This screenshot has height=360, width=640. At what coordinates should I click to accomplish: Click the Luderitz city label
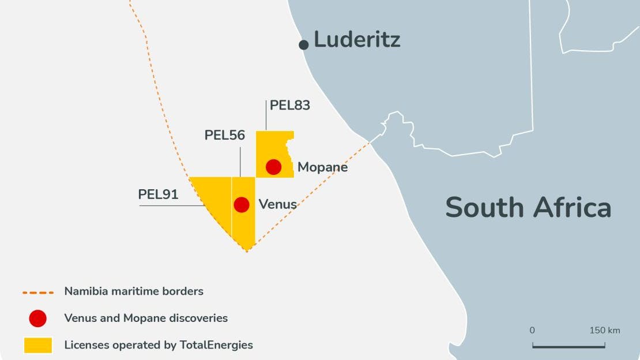pyautogui.click(x=357, y=40)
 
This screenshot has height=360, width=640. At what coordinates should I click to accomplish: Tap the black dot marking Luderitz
pyautogui.click(x=304, y=44)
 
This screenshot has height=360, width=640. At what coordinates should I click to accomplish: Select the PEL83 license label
pyautogui.click(x=289, y=106)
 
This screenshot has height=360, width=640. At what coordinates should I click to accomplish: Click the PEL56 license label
pyautogui.click(x=225, y=136)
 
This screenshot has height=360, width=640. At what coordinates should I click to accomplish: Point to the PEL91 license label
pyautogui.click(x=158, y=194)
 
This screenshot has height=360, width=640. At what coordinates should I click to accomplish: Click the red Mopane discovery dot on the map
pyautogui.click(x=273, y=167)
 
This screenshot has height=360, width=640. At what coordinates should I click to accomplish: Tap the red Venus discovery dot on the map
pyautogui.click(x=242, y=204)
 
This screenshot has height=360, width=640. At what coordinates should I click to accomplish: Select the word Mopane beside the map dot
pyautogui.click(x=322, y=167)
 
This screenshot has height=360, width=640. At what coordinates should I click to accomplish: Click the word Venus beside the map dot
pyautogui.click(x=277, y=204)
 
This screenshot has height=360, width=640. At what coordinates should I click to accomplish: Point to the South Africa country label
pyautogui.click(x=528, y=207)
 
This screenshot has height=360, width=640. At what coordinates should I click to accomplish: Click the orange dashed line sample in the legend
pyautogui.click(x=38, y=292)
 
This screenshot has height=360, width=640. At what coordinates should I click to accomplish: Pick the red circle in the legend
pyautogui.click(x=38, y=318)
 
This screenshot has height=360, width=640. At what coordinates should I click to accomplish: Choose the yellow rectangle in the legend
pyautogui.click(x=38, y=345)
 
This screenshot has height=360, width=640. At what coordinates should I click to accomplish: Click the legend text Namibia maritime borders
pyautogui.click(x=134, y=291)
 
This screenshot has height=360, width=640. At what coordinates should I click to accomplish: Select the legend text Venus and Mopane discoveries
pyautogui.click(x=146, y=318)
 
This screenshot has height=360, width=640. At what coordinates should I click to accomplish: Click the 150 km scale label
pyautogui.click(x=604, y=331)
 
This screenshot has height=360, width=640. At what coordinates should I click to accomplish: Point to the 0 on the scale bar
pyautogui.click(x=532, y=331)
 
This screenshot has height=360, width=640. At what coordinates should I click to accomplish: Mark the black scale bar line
pyautogui.click(x=569, y=346)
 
